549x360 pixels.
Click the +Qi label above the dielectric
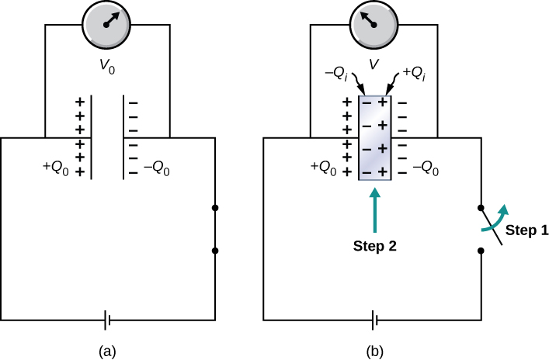(x=412, y=73)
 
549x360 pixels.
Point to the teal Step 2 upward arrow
(x=374, y=210)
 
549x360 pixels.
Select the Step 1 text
(x=526, y=230)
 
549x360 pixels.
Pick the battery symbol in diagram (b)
(x=374, y=319)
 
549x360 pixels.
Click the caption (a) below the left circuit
(x=108, y=351)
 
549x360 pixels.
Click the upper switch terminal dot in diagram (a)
(x=215, y=208)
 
